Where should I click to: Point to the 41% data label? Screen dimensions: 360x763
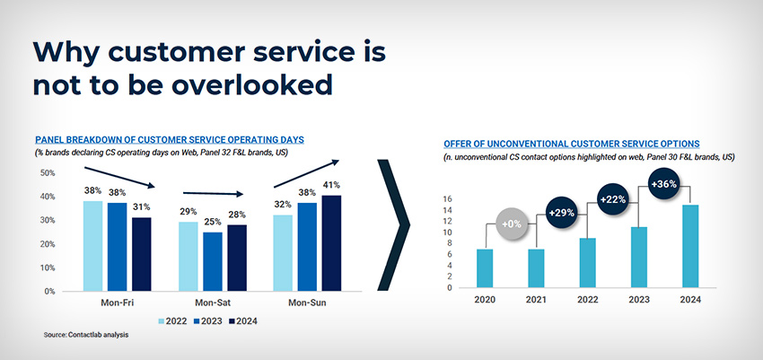point(331,186)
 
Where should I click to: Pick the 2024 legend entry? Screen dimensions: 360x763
point(240,320)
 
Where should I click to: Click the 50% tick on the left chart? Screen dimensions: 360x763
point(48,173)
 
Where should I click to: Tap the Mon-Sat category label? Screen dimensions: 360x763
point(212,303)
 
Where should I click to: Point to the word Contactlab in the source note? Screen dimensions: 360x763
point(86,335)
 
